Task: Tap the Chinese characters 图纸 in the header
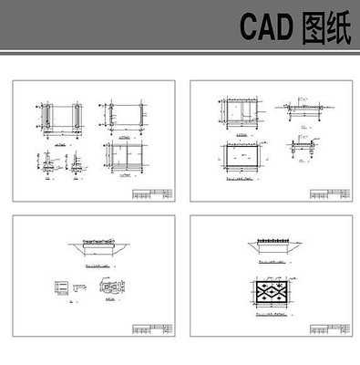point(325,29)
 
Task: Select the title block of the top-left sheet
point(151,194)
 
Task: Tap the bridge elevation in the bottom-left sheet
point(95,247)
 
